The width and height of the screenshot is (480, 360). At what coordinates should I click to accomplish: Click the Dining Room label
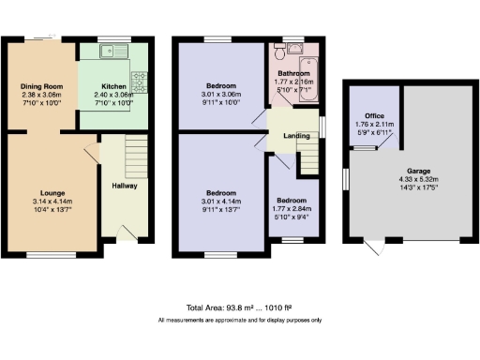click(x=41, y=85)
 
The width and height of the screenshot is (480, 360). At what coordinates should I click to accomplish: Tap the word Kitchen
click(x=114, y=85)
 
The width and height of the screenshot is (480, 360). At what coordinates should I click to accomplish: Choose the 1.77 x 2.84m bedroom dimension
click(x=291, y=208)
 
